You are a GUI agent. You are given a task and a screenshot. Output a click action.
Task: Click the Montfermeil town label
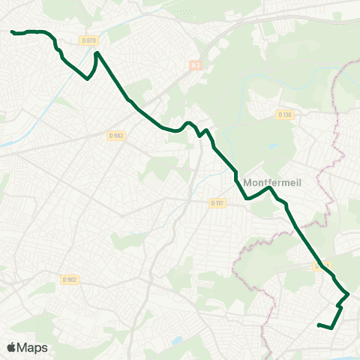click(271, 182)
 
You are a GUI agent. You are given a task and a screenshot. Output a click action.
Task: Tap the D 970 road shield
click(88, 40)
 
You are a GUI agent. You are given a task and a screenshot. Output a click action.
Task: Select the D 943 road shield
click(115, 136)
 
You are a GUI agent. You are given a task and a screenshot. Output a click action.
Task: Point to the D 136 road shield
click(284, 115)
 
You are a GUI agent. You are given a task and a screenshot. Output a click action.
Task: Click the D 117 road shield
click(217, 202)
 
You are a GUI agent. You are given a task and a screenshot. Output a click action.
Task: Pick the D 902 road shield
click(69, 280)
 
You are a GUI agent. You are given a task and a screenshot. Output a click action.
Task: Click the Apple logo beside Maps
click(11, 347)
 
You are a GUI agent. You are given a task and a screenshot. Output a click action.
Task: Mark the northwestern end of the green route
click(12, 31)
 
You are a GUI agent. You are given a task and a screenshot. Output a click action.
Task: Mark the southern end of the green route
click(319, 325)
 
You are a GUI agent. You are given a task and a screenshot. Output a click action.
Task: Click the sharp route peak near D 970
click(97, 52)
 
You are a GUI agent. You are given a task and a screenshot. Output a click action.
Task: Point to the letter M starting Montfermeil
click(247, 182)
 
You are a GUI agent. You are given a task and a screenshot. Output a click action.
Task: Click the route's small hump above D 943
click(189, 122)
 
